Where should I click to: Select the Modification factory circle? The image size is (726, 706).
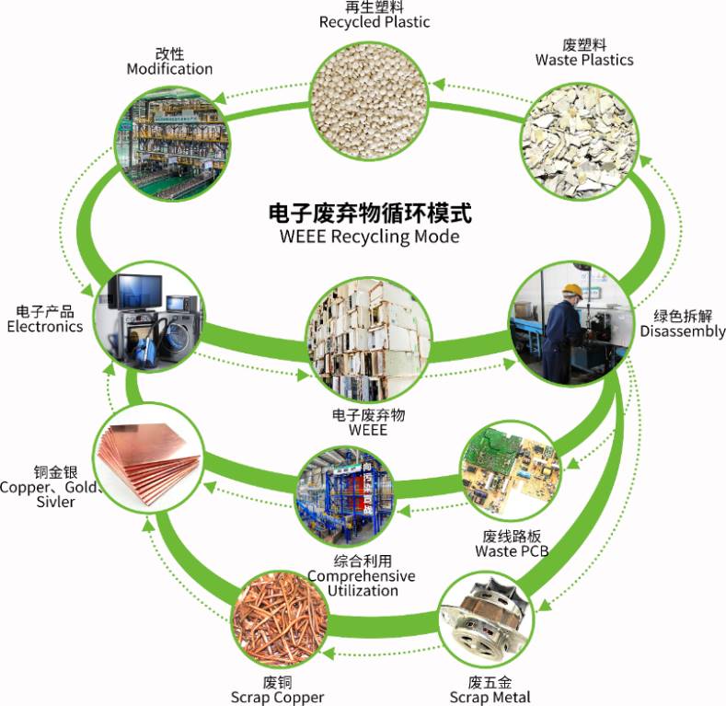pos(172,138)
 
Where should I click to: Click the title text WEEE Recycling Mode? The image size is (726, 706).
pos(369,236)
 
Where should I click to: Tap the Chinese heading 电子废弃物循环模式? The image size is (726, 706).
pos(369,214)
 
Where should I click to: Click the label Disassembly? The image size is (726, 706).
pos(682,331)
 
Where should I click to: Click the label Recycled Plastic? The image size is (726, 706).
pos(375,21)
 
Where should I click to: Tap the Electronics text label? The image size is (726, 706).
pos(44,326)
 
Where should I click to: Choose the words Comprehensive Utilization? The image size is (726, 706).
pos(362,583)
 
